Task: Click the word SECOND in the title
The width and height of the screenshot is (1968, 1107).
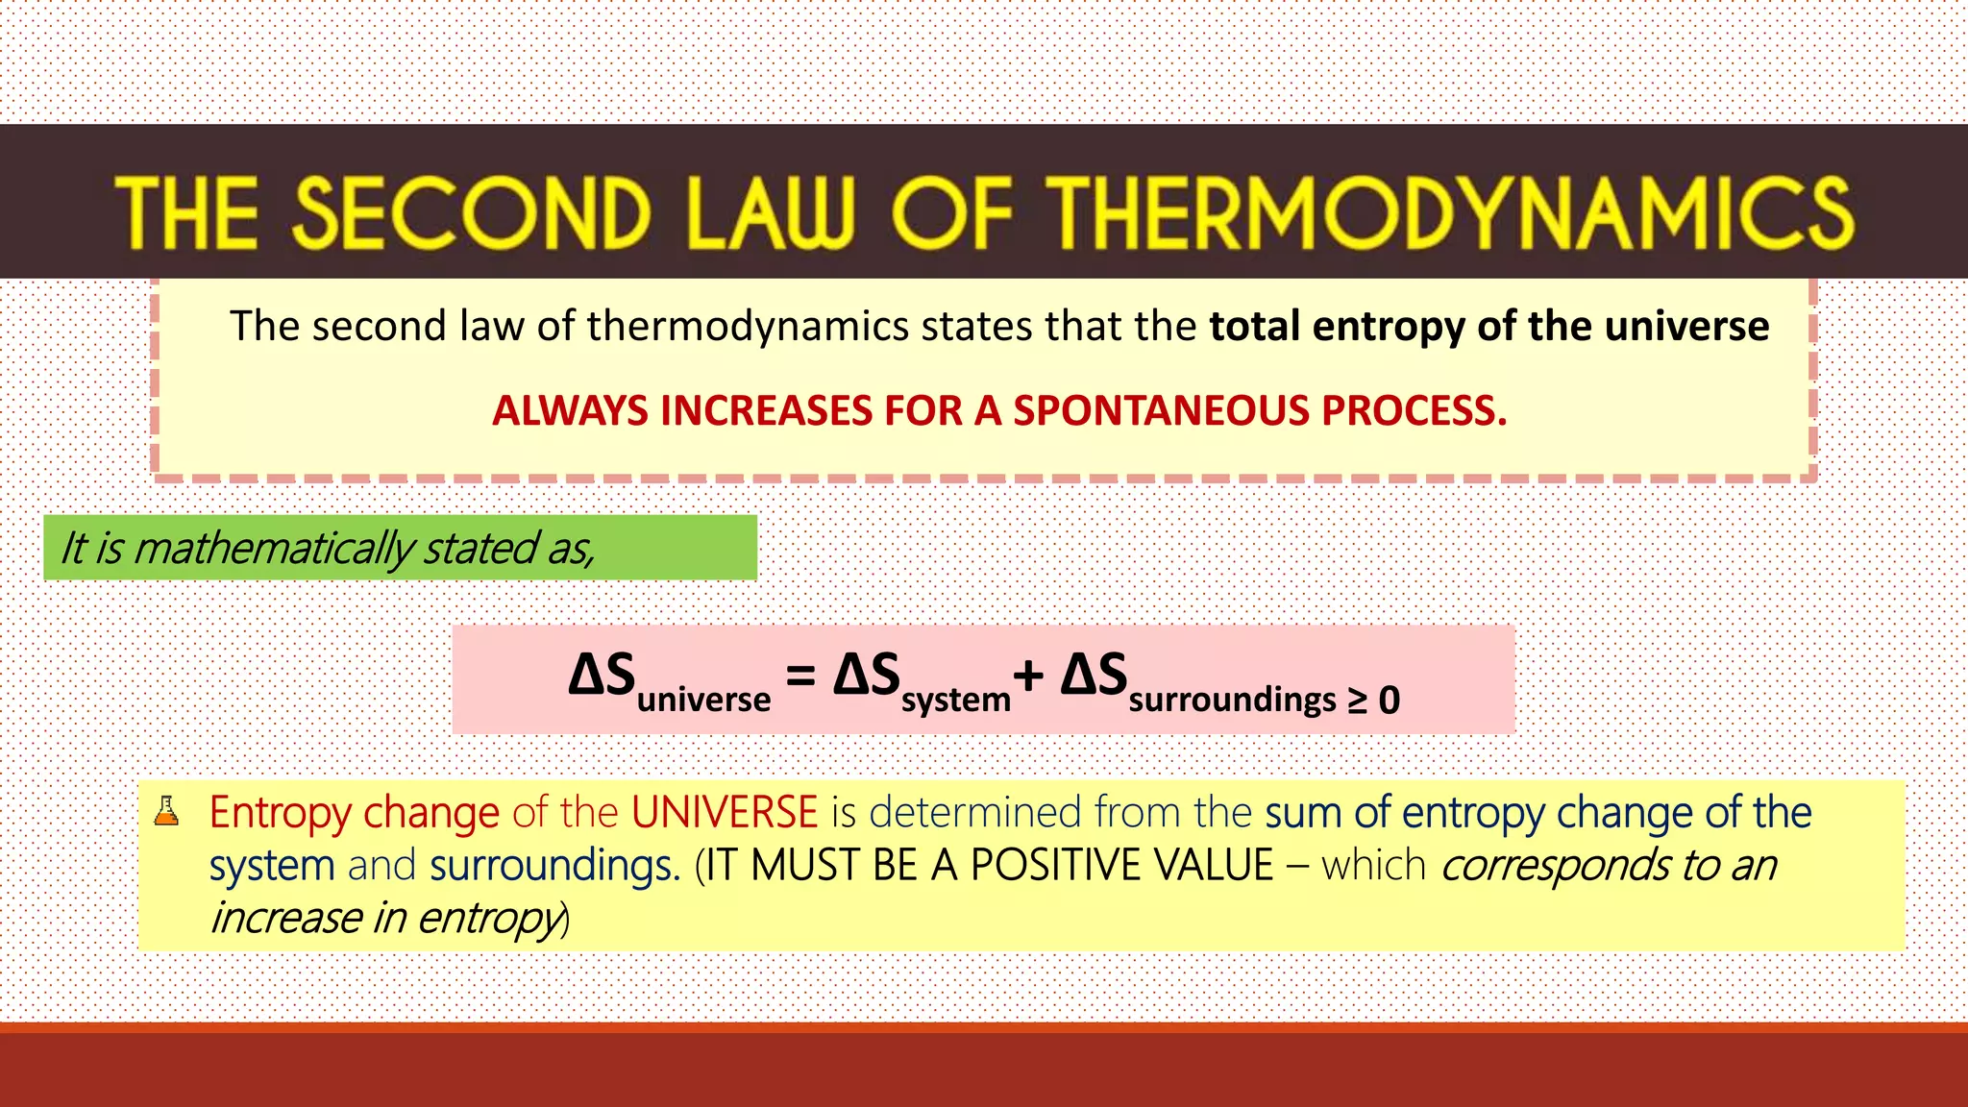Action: click(472, 212)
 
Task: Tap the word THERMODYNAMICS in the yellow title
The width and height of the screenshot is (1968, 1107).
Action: click(1451, 212)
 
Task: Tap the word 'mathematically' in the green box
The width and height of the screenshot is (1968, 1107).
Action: click(274, 549)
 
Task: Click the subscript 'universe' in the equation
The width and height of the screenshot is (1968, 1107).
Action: click(703, 699)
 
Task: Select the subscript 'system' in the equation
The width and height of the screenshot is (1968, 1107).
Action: click(955, 700)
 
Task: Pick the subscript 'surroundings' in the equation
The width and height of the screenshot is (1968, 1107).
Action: click(1232, 700)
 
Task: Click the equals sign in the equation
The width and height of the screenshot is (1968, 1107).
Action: click(800, 676)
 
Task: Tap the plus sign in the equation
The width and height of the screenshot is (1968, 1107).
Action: click(1028, 676)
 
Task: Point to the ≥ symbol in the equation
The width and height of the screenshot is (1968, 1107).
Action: click(1357, 701)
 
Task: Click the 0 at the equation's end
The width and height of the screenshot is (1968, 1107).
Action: click(1390, 701)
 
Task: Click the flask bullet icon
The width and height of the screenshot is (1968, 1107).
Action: click(167, 811)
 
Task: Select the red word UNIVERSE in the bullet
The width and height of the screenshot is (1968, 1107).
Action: click(725, 813)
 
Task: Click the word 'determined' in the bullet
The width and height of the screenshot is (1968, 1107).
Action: click(974, 813)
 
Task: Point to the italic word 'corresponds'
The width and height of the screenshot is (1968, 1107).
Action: click(1554, 866)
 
